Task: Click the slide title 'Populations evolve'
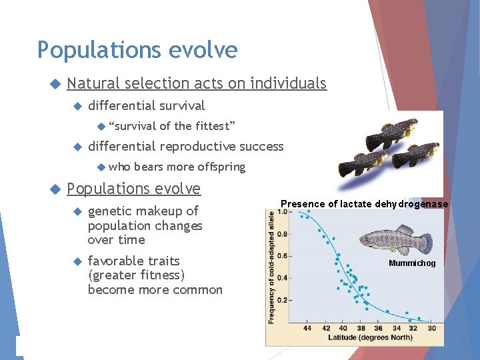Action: coord(137,50)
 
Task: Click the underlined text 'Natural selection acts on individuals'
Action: coord(197,83)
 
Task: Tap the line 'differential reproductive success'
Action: coord(185,146)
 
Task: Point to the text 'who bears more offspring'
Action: coord(177,167)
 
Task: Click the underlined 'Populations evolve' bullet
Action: coord(133,189)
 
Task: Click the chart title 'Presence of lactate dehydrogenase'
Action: coord(364,204)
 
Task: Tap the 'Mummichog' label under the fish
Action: coord(413,263)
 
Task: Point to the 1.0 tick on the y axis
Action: coord(283,212)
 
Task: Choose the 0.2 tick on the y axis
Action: coord(283,300)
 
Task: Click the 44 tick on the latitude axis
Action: coord(307,328)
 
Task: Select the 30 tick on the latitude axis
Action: coord(431,328)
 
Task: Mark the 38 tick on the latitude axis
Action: coord(360,328)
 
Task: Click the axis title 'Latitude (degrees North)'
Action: coord(365,338)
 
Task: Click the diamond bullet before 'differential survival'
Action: coord(77,106)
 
